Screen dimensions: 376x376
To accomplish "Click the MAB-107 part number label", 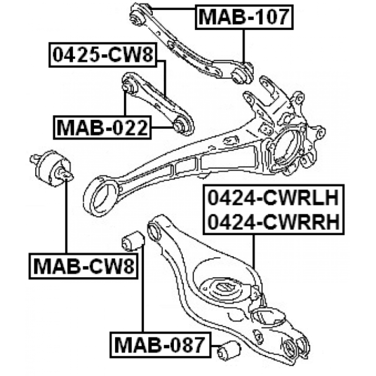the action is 244,17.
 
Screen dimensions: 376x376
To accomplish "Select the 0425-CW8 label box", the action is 103,55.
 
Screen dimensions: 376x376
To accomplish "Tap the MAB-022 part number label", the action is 102,127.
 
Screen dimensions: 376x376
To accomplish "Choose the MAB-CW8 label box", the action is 84,266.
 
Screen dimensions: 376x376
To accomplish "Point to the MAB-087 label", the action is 160,345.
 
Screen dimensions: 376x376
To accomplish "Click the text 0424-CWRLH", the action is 273,197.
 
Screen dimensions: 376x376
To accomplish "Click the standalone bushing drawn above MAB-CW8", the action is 52,168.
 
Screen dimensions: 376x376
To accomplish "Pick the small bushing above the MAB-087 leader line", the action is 133,241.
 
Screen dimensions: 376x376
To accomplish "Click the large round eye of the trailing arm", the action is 102,196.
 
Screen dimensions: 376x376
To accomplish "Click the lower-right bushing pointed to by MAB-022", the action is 183,125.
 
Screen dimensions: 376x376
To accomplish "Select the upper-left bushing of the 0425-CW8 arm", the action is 130,85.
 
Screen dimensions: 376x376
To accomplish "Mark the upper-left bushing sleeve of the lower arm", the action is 155,230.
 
